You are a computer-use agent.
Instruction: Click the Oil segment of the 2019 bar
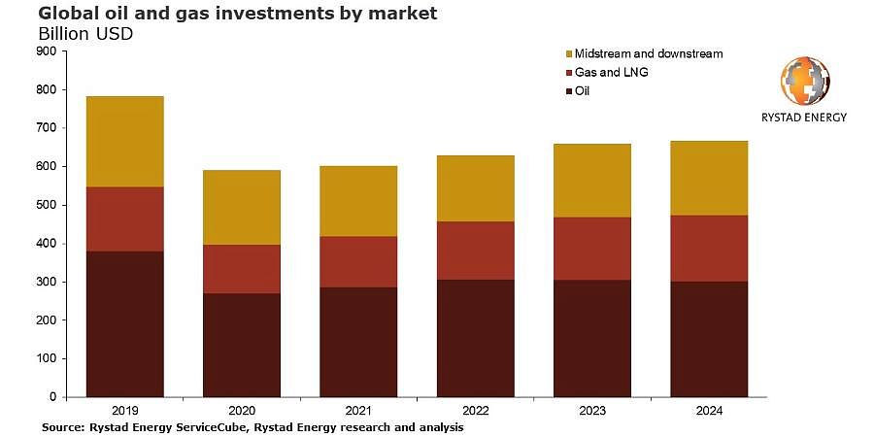(125, 323)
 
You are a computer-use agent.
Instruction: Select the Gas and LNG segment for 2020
(242, 269)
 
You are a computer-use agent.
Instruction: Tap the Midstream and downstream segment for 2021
(358, 201)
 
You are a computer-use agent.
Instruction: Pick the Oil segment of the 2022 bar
(476, 338)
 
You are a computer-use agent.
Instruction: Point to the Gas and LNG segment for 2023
(592, 249)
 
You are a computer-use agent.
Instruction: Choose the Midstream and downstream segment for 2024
(709, 179)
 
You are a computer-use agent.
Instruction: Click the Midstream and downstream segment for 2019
(125, 142)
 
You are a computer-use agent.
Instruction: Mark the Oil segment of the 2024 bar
(709, 340)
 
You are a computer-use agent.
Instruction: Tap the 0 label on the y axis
(54, 397)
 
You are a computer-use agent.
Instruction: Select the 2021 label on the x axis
(358, 411)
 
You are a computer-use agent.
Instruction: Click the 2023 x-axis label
(592, 411)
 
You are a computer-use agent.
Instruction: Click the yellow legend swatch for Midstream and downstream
(568, 54)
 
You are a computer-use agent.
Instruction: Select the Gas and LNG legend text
(612, 73)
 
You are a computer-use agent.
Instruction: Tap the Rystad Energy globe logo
(805, 81)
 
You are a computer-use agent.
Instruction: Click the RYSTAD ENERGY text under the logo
(804, 118)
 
